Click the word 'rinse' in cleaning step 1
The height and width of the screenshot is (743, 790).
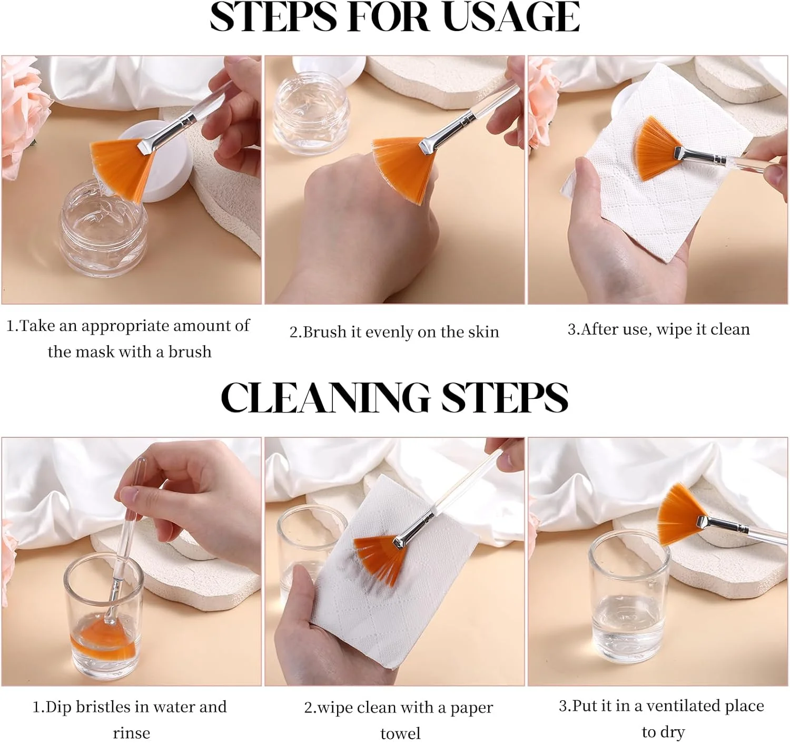(x=131, y=732)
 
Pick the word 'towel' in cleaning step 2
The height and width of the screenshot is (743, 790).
(x=400, y=733)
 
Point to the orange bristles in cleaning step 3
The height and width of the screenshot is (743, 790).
(x=680, y=514)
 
